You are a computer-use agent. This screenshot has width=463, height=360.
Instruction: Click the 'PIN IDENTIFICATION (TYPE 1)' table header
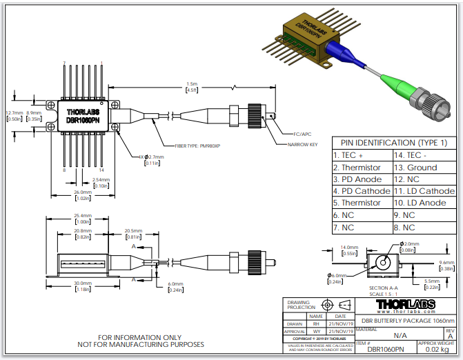tap(393, 143)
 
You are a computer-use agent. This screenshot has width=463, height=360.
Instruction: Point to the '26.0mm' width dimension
tap(83, 192)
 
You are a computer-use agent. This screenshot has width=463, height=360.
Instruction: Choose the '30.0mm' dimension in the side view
tap(83, 283)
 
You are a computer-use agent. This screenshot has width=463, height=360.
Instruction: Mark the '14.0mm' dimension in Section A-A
tap(349, 247)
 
